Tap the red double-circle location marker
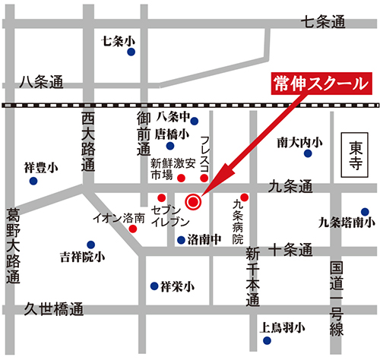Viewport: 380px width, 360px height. click(x=193, y=202)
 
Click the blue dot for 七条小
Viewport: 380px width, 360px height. click(x=131, y=52)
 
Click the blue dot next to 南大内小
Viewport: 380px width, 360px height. click(x=308, y=153)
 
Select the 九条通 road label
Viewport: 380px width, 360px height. click(x=290, y=185)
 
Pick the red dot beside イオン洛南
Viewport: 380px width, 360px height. click(x=132, y=227)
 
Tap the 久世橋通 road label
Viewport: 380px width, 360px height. click(x=52, y=309)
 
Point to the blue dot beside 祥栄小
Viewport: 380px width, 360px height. click(x=154, y=286)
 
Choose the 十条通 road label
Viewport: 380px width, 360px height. click(x=290, y=248)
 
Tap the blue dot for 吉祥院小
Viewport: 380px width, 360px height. click(x=90, y=245)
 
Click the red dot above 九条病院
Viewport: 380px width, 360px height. click(x=244, y=195)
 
